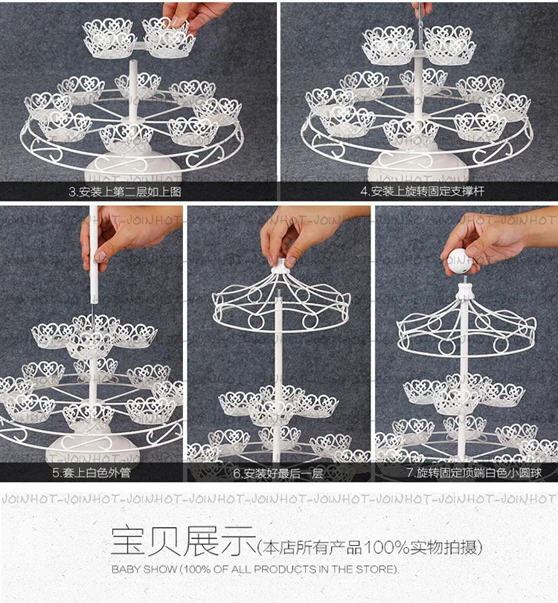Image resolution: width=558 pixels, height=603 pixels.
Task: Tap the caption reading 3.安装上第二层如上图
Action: point(125,192)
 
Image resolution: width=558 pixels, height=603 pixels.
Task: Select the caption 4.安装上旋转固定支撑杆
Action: point(422,191)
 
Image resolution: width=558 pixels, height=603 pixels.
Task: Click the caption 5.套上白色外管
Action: point(92,472)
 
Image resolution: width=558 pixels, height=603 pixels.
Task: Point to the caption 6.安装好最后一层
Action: point(278,473)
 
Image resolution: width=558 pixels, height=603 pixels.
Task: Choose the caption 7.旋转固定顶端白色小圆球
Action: point(474,472)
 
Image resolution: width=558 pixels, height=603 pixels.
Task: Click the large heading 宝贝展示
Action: point(183,541)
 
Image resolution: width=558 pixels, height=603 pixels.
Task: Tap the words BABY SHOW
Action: point(144,569)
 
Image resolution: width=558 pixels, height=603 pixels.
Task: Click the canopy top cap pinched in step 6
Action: point(281,266)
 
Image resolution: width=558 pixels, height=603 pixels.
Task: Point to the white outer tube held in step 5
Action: point(94,254)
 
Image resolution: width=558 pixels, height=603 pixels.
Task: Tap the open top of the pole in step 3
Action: point(132,62)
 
